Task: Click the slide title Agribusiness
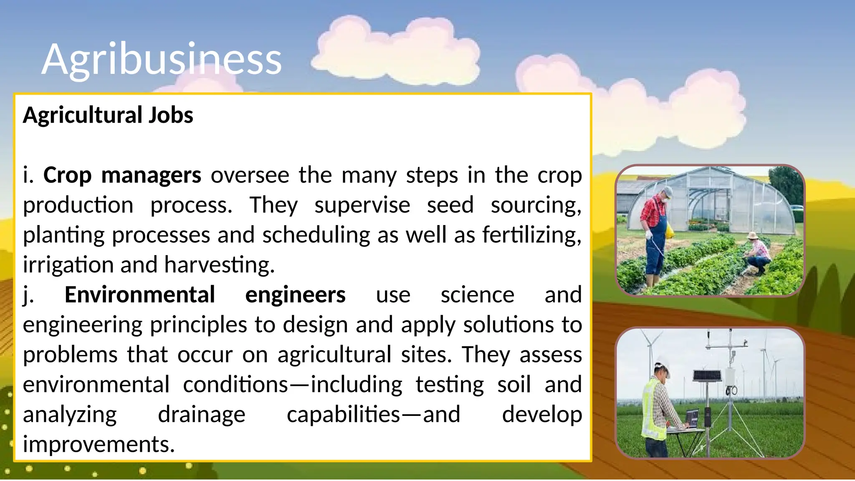(x=162, y=59)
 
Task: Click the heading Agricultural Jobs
(x=108, y=115)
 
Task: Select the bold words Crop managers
(x=122, y=175)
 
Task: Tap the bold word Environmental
(x=140, y=295)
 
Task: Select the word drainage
(x=202, y=415)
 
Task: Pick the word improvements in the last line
(x=99, y=444)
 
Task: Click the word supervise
(x=362, y=205)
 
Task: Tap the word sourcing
(x=535, y=205)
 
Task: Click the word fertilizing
(x=531, y=235)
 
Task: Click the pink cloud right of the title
(x=397, y=50)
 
